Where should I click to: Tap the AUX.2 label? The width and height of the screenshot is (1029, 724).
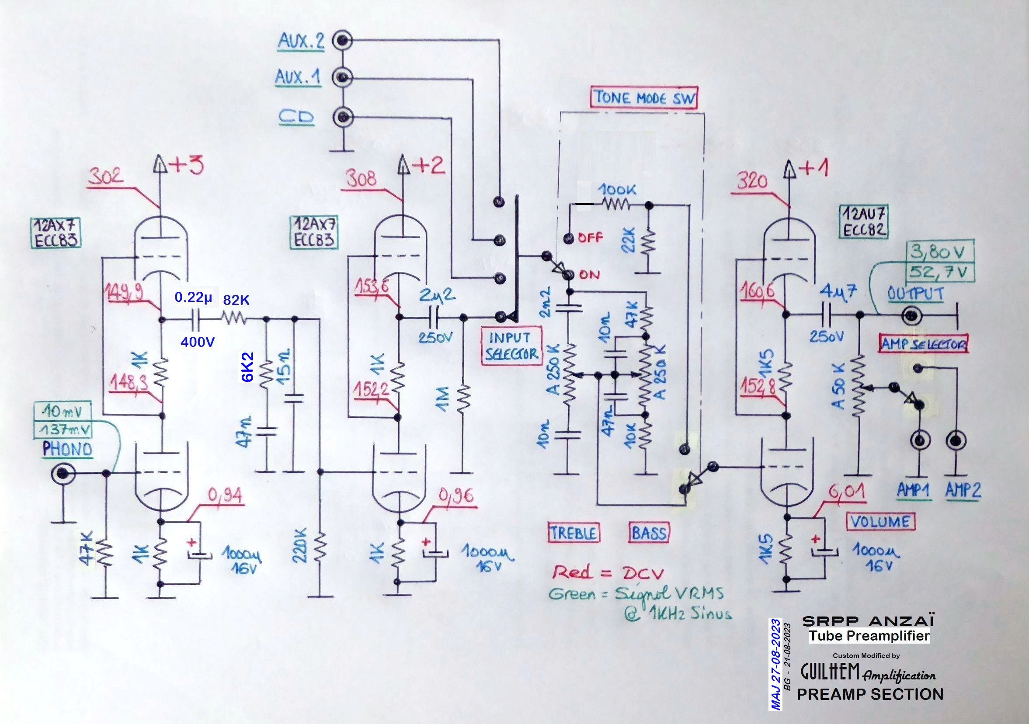click(301, 42)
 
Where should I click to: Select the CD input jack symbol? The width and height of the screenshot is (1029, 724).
click(343, 118)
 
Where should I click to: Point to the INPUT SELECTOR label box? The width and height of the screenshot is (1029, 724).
click(511, 346)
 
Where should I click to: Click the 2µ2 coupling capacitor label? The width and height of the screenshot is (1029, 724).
click(437, 295)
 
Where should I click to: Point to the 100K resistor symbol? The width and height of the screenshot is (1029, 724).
click(616, 205)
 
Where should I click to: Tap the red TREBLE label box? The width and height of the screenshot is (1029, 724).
click(573, 533)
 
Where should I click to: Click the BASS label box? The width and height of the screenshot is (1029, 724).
click(649, 533)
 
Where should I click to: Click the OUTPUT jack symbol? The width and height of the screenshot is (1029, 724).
click(912, 316)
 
